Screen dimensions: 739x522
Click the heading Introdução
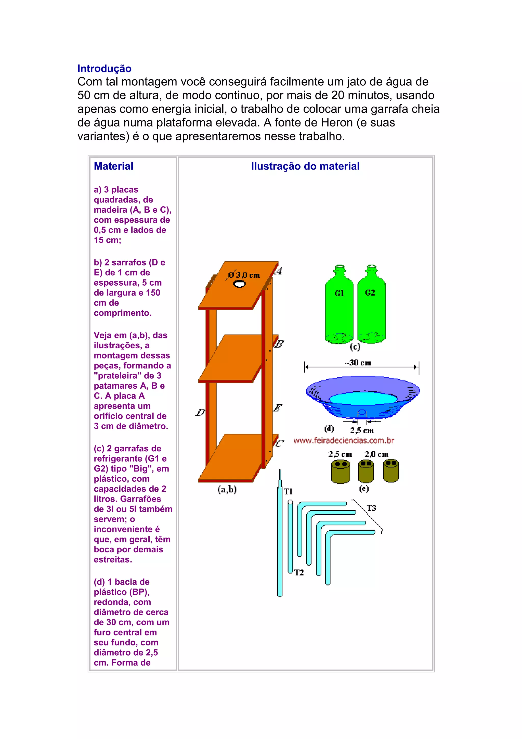click(104, 69)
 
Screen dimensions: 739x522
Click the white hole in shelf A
click(239, 284)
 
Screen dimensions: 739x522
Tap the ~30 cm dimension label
click(358, 363)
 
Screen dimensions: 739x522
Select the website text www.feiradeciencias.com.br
click(344, 440)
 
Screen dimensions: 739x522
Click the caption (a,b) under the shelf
click(227, 490)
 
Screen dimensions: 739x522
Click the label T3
click(371, 508)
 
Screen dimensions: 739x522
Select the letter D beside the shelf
click(200, 412)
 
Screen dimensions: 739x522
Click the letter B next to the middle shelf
click(279, 344)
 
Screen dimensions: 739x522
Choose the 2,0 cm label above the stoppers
click(376, 454)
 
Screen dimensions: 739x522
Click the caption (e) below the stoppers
click(364, 489)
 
